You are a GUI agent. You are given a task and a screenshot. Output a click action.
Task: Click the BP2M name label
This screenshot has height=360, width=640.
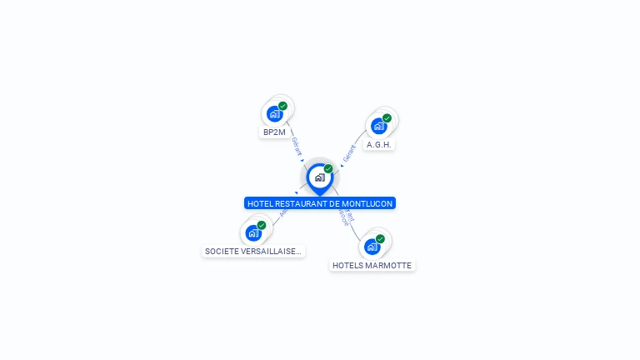pos(274,132)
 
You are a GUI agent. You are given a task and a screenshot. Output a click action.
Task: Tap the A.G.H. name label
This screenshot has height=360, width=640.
pos(379,144)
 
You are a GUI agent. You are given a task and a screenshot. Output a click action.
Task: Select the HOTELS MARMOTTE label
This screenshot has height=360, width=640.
pos(372,265)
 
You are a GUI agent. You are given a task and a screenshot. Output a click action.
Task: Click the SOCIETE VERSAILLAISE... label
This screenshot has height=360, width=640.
pos(253,251)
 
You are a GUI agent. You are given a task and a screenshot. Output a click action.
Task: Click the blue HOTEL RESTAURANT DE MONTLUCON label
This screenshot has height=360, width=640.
pos(320,203)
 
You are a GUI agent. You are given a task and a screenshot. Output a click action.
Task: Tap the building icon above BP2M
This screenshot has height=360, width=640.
pos(273,114)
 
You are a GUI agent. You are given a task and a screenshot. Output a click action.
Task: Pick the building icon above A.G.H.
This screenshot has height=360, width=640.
pos(378,126)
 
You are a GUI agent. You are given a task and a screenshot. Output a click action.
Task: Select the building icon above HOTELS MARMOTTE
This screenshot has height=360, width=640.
pos(372,247)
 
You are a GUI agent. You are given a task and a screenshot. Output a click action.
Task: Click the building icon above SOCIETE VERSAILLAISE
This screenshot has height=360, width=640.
pos(253,233)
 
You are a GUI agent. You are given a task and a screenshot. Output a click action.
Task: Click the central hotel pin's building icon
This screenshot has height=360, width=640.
pos(319,177)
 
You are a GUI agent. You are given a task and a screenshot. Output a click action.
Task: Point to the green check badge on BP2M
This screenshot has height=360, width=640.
pos(282,106)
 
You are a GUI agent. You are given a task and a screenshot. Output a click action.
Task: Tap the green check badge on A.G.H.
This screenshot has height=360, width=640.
pos(387,117)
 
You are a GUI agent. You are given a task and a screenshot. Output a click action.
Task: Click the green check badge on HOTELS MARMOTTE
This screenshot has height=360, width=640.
pos(380,239)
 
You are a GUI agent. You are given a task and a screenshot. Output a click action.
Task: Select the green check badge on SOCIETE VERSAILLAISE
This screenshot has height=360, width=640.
pos(262,225)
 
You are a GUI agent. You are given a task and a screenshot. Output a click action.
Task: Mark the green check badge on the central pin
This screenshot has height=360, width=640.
pos(328,168)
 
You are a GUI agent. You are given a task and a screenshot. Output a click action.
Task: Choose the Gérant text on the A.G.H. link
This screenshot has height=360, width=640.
pos(349,152)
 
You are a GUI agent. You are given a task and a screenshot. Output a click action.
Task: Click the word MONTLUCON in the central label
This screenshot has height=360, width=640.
pos(367,203)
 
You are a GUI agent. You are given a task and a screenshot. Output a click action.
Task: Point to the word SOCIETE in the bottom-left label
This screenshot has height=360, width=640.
pos(221,251)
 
